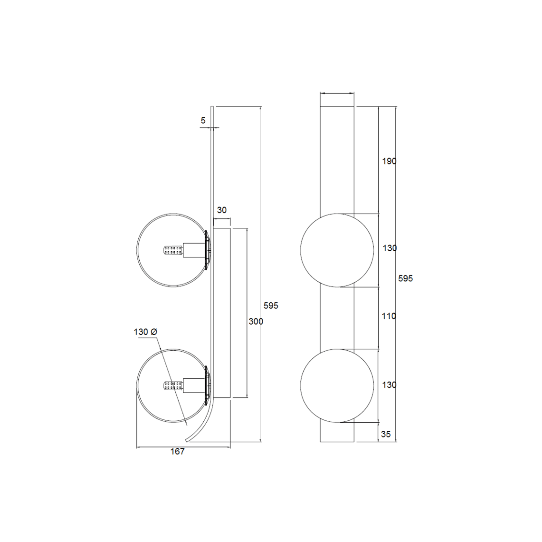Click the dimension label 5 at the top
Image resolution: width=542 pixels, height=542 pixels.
click(x=203, y=121)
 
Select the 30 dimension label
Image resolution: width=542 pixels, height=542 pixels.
click(x=222, y=210)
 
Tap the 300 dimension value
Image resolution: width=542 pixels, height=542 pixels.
click(x=256, y=321)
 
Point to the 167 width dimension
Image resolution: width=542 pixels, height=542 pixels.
click(x=178, y=451)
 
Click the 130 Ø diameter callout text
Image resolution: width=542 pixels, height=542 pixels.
click(x=146, y=332)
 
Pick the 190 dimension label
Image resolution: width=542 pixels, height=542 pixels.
click(x=389, y=161)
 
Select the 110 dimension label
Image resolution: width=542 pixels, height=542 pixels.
click(x=389, y=316)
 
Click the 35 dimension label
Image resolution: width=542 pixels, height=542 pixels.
click(x=386, y=434)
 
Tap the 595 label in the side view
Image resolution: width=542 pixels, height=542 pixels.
click(x=271, y=306)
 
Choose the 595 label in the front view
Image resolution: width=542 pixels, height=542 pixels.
click(x=406, y=278)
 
